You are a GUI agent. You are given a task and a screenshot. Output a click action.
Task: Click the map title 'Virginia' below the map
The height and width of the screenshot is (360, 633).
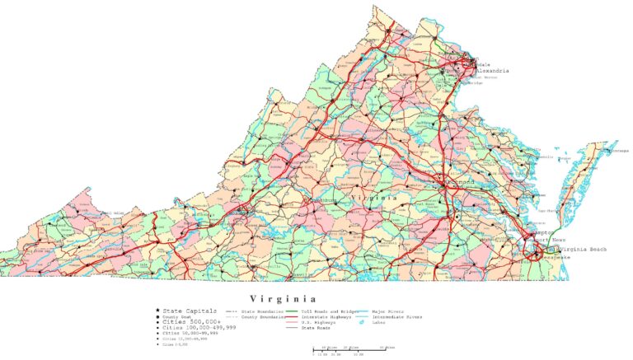(x=283, y=298)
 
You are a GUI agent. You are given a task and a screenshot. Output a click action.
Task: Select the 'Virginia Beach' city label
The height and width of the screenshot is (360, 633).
(x=587, y=248)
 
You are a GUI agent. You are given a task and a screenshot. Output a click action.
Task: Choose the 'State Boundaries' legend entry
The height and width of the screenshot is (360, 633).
(x=256, y=312)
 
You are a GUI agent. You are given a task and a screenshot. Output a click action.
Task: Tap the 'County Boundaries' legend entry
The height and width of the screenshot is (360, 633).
(x=256, y=317)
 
